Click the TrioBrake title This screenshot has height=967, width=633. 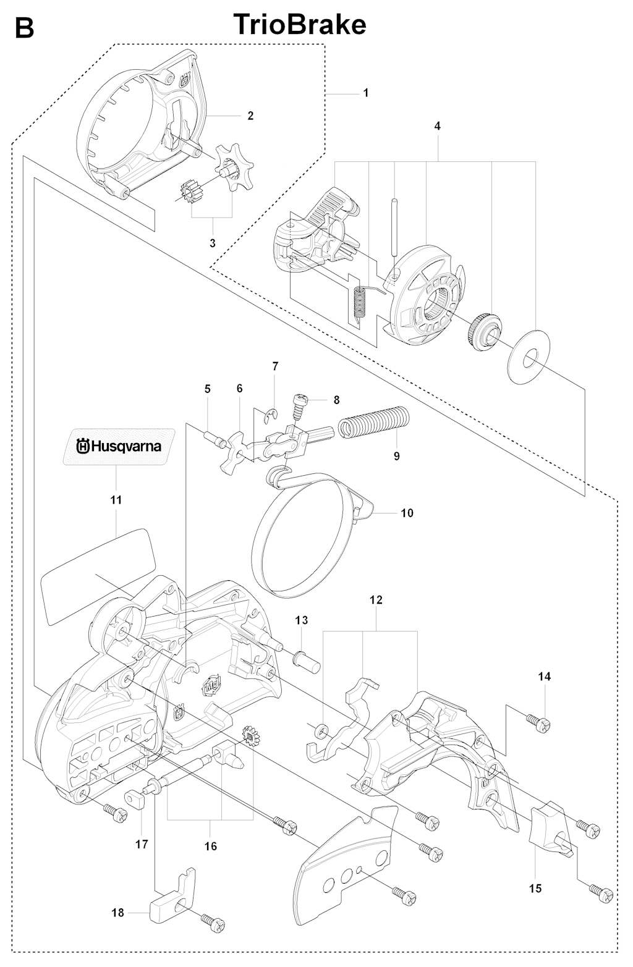300,26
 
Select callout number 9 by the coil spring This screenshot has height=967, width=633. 396,456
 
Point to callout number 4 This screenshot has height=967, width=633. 437,126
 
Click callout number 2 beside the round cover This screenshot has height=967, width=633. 250,116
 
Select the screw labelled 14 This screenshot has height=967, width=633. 537,722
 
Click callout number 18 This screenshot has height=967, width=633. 117,912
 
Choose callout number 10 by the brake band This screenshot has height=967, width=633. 407,513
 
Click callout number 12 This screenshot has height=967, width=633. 376,600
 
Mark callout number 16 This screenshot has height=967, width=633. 210,846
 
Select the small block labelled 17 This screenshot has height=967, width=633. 135,801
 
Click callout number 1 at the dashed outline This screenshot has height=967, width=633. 365,93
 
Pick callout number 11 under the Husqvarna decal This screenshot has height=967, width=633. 116,499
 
